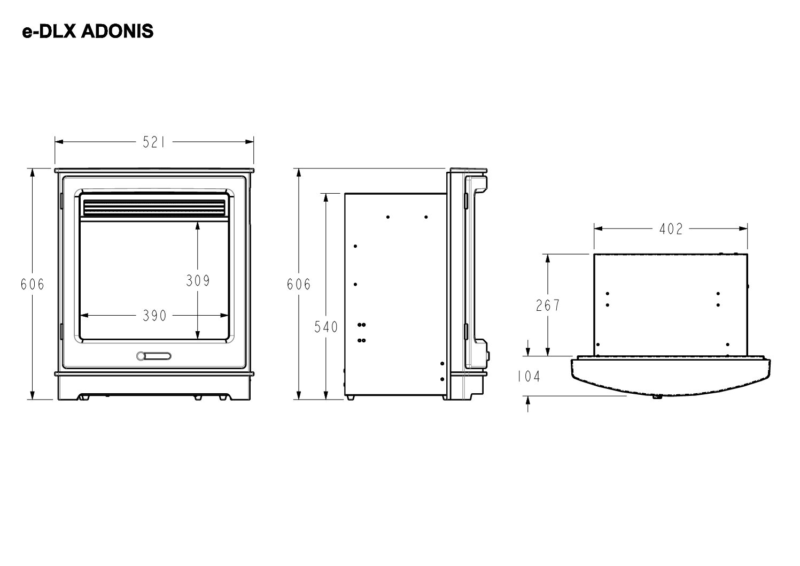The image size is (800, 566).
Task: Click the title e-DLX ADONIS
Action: click(88, 32)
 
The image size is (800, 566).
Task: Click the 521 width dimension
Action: click(154, 142)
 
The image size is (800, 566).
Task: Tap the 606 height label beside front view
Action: click(33, 285)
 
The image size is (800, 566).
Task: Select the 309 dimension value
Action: click(198, 280)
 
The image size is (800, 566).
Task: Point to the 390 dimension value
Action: click(154, 316)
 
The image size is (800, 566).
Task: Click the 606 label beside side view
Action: click(299, 285)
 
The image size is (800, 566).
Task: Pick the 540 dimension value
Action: click(326, 326)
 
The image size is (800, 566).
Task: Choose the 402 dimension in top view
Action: click(671, 229)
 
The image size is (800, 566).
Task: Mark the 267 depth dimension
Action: click(548, 305)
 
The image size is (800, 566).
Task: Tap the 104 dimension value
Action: click(529, 377)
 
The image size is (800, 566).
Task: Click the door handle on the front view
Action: click(154, 356)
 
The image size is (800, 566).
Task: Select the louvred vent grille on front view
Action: click(154, 208)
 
